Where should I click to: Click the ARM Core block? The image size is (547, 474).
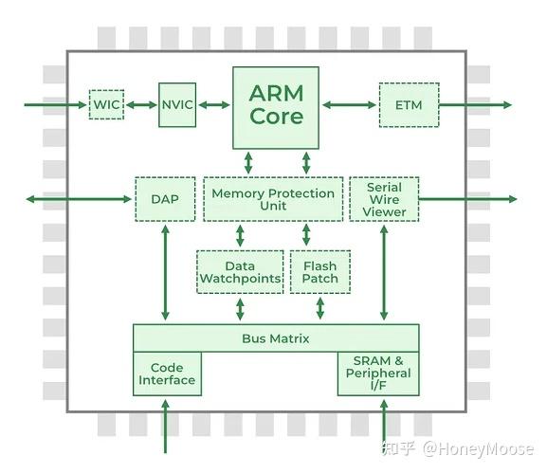(x=276, y=106)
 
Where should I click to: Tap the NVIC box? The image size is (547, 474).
(x=176, y=104)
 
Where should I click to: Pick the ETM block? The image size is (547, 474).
(x=409, y=105)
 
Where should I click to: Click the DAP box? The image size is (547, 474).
(x=166, y=199)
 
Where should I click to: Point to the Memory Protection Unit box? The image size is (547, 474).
(x=273, y=199)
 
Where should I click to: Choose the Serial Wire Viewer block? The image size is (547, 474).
(x=384, y=199)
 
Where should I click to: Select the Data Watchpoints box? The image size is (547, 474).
(x=240, y=272)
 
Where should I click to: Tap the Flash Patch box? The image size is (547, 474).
(x=319, y=272)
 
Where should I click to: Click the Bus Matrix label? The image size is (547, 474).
(x=276, y=338)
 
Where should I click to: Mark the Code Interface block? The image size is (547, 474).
(x=167, y=374)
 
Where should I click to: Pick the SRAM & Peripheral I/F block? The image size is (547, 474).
(x=378, y=374)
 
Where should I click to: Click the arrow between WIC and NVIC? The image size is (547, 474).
(x=141, y=104)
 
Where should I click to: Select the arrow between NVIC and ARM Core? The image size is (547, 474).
(x=214, y=104)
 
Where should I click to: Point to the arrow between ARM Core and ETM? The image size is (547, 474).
(x=349, y=105)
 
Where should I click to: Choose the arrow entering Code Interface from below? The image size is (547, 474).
(x=167, y=429)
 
